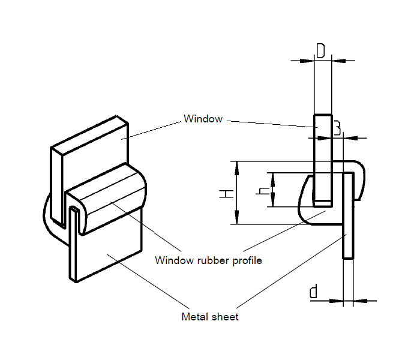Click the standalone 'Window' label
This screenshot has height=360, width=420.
(x=203, y=119)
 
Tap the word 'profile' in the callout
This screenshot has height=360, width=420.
(x=245, y=260)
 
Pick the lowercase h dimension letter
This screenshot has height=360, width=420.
(x=262, y=190)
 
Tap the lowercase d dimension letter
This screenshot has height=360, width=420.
(x=313, y=292)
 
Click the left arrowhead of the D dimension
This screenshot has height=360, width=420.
(x=308, y=60)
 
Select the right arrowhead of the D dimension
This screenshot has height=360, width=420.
(x=337, y=60)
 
